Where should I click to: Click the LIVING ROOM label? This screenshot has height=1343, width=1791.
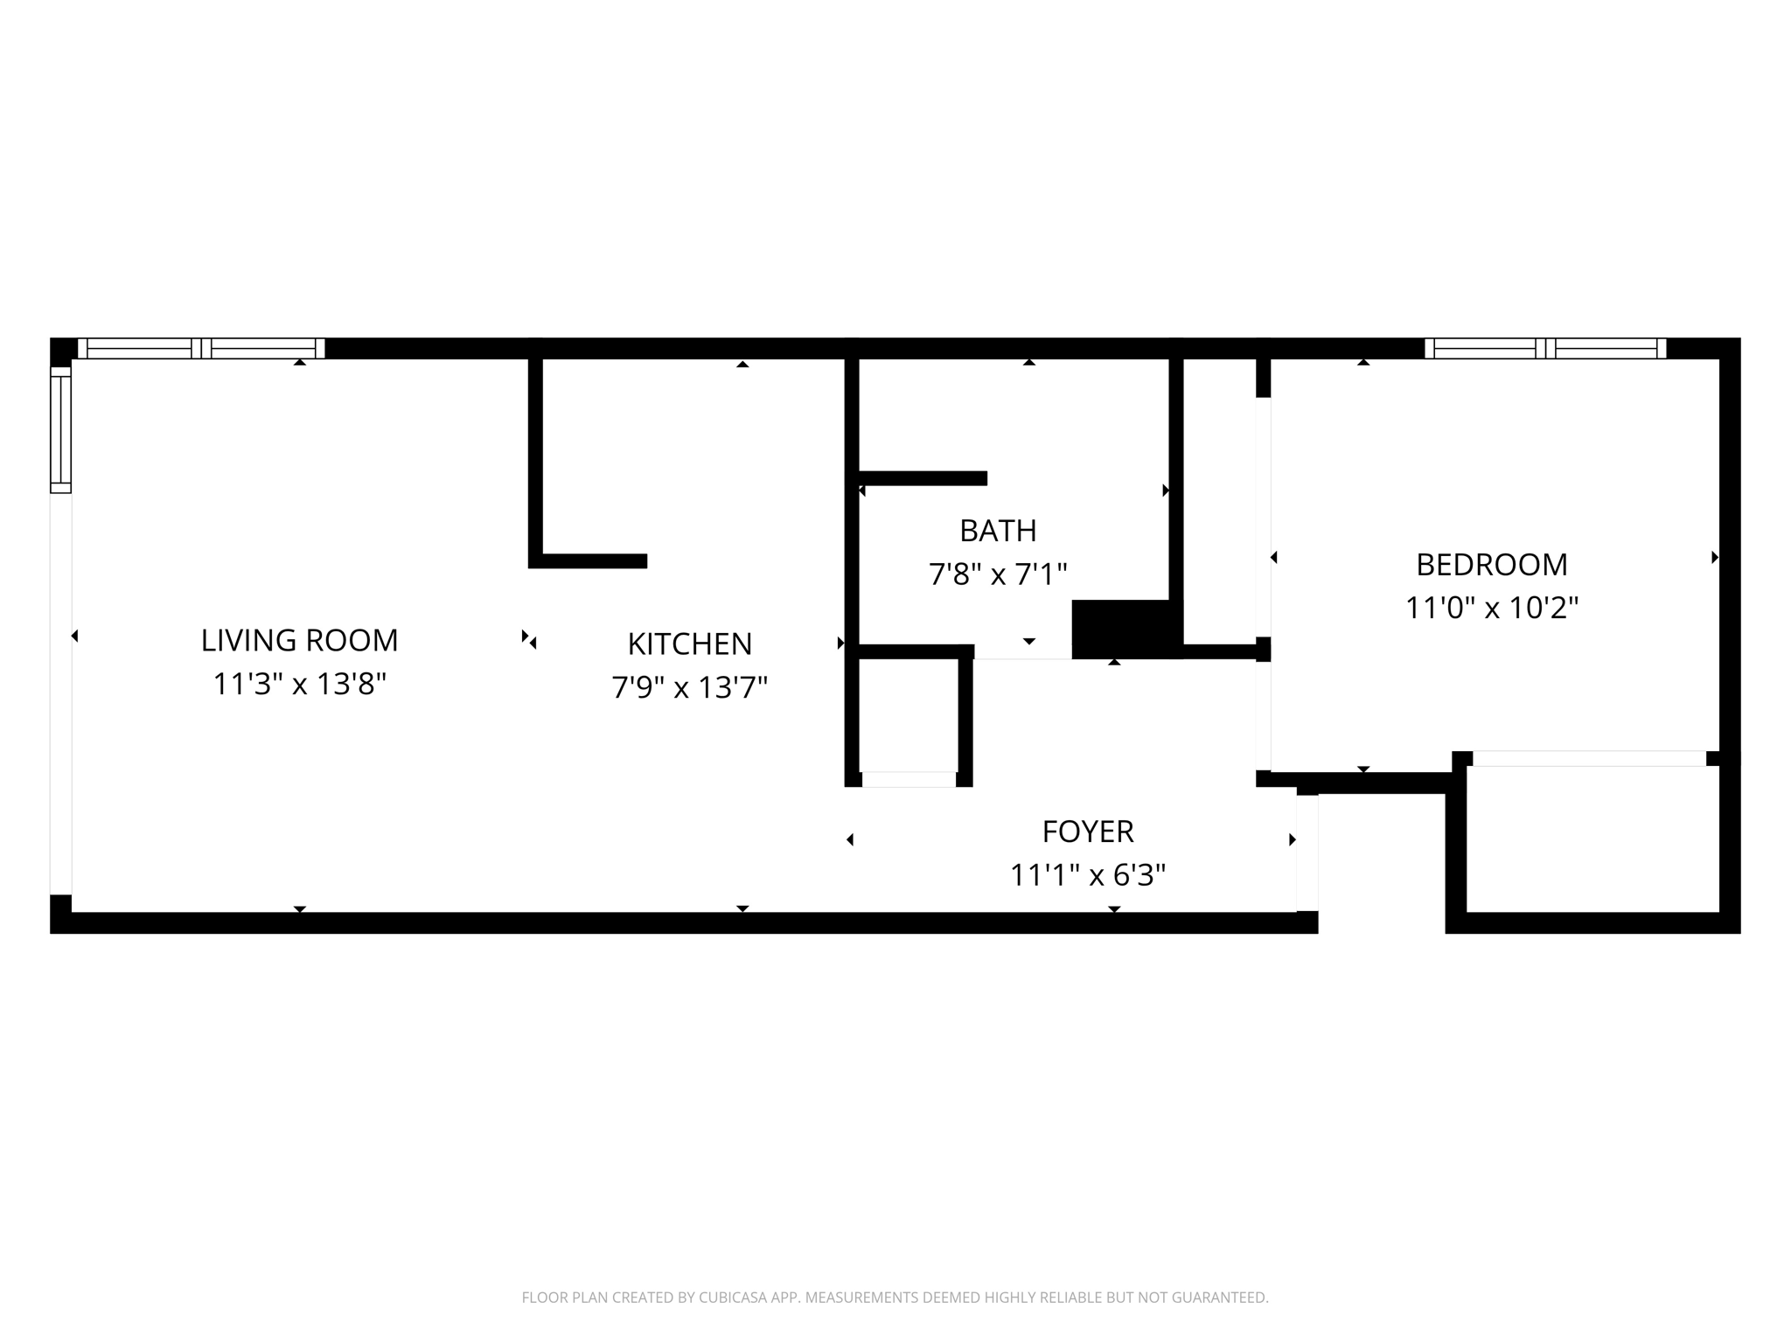(299, 640)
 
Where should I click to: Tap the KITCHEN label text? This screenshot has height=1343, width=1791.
(689, 644)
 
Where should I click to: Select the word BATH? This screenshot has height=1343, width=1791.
(998, 531)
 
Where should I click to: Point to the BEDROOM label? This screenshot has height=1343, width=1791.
(1491, 565)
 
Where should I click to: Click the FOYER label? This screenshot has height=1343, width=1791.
(1087, 832)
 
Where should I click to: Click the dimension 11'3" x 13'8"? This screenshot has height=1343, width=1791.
(299, 684)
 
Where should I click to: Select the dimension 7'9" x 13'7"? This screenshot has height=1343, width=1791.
(689, 687)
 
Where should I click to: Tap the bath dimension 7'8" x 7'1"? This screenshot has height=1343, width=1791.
(998, 574)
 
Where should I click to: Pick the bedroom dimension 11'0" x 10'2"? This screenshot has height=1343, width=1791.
(1491, 608)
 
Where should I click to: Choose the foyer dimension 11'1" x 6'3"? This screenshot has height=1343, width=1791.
(1087, 874)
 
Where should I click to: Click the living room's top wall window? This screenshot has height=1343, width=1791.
(201, 348)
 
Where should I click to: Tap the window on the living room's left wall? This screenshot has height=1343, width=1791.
(60, 429)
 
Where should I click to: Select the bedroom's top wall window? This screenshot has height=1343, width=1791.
(1545, 348)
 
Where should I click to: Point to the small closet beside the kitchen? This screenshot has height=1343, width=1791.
(909, 714)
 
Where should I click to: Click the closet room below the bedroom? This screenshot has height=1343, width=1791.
(1592, 839)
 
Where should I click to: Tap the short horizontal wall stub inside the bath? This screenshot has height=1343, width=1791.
(923, 478)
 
